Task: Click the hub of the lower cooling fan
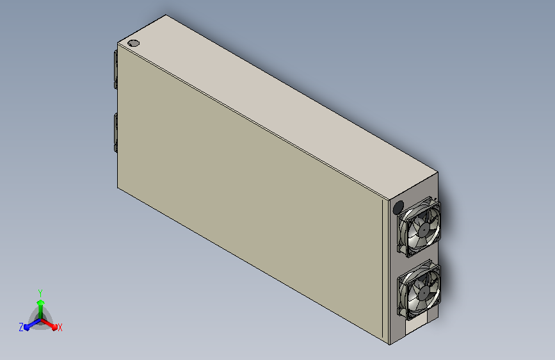coord(423,293)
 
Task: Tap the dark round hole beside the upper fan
coord(399,208)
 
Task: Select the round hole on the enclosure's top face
coord(133,43)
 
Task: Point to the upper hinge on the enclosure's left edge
coord(115,69)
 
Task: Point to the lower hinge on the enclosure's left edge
coord(115,133)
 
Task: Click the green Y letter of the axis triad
coord(40,293)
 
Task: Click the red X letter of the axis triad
coord(60,327)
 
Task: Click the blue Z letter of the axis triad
coord(21,327)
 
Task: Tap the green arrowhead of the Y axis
coord(41,302)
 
